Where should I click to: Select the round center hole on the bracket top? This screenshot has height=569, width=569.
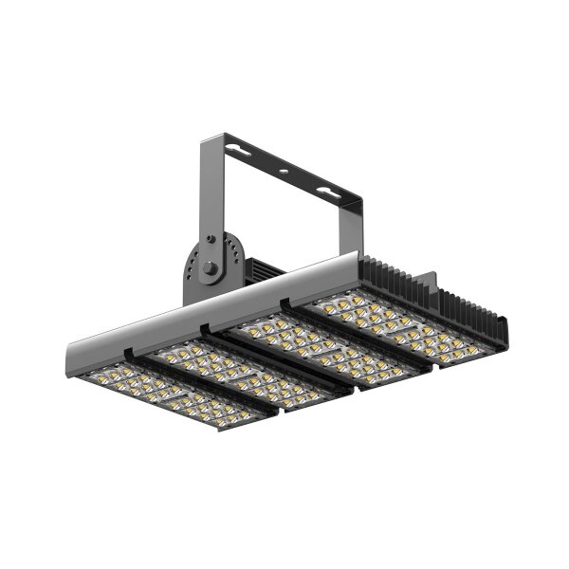[x=283, y=173]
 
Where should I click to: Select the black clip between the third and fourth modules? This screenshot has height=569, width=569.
[x=284, y=303]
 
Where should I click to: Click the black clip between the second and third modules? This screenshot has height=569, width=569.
[x=203, y=329]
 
